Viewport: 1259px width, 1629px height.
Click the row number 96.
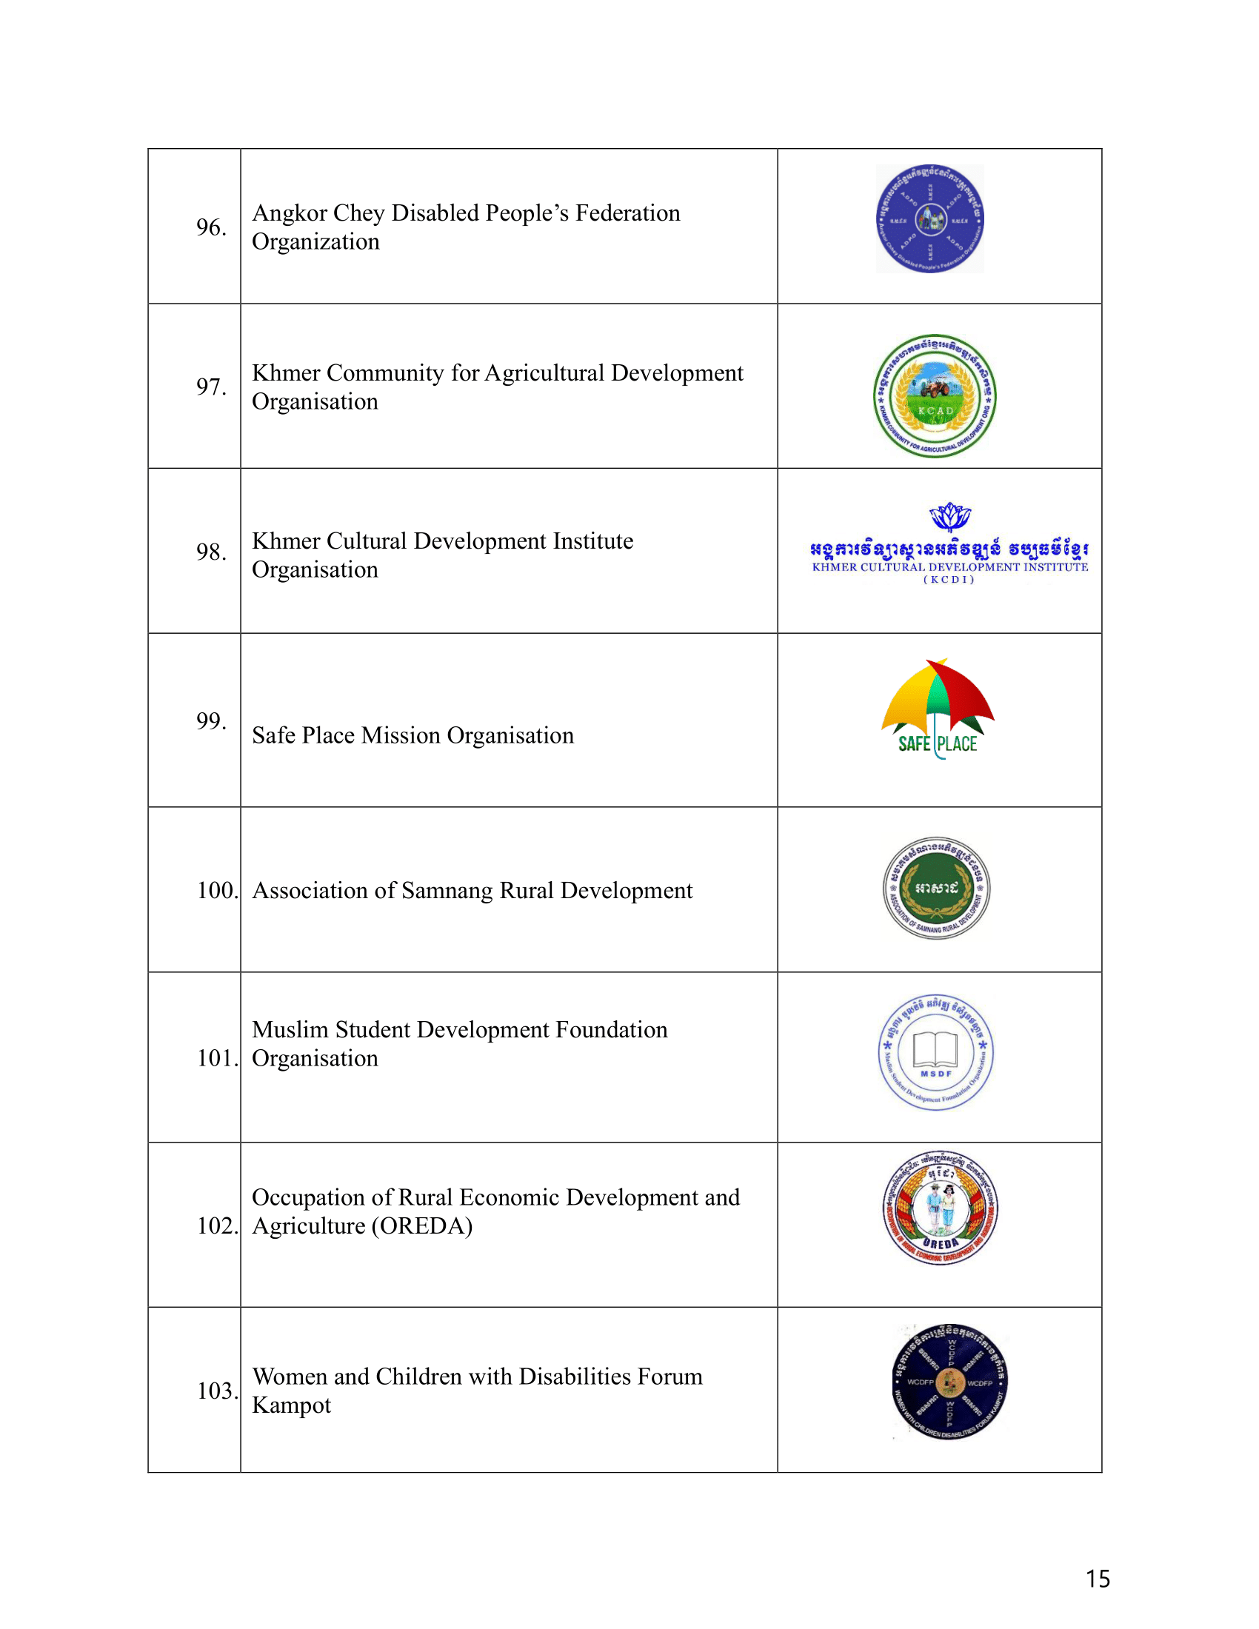(x=211, y=227)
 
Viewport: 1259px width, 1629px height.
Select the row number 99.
(x=211, y=720)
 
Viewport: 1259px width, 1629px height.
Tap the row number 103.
(x=217, y=1391)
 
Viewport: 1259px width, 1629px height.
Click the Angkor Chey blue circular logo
(x=929, y=218)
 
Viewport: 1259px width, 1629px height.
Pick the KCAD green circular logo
(x=935, y=396)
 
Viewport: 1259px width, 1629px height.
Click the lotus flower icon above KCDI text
(x=949, y=516)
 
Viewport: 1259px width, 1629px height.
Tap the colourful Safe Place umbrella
(x=938, y=698)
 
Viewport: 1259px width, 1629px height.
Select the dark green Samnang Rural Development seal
(x=936, y=888)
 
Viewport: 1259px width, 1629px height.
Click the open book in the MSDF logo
(x=935, y=1048)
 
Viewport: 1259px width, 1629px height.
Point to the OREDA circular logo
(x=940, y=1208)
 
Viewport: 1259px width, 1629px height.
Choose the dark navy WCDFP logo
(x=949, y=1382)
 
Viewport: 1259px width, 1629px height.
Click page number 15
(x=1097, y=1579)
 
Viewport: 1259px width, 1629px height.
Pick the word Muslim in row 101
(x=290, y=1030)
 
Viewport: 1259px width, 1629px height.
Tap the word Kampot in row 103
(x=291, y=1405)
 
